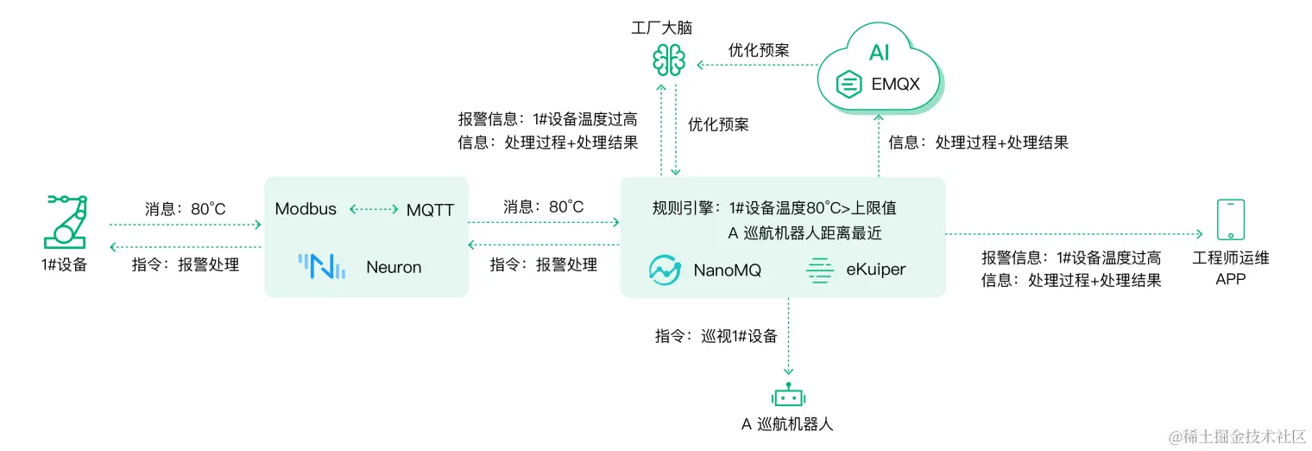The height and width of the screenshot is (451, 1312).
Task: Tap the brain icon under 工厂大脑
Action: (x=668, y=59)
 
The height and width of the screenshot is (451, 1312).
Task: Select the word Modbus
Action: (x=306, y=209)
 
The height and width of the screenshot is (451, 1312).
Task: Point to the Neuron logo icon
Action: (x=321, y=266)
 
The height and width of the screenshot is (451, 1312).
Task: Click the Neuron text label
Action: (x=394, y=267)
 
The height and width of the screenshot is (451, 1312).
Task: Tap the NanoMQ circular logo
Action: (x=665, y=270)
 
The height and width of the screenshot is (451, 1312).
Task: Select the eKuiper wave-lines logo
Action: (x=818, y=270)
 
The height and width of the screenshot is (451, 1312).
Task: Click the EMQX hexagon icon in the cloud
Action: (x=850, y=85)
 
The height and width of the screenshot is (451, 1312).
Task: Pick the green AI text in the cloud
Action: (x=879, y=53)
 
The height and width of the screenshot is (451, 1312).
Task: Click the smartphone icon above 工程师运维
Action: (x=1230, y=219)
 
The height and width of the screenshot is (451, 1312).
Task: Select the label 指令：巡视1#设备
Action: (x=716, y=336)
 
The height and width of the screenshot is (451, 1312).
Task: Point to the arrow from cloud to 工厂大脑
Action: (x=756, y=65)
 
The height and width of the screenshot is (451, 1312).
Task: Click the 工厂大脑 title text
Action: (x=661, y=28)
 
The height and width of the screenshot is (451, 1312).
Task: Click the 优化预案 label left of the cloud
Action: (x=758, y=50)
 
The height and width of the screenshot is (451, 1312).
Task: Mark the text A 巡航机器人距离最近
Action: (x=804, y=232)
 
